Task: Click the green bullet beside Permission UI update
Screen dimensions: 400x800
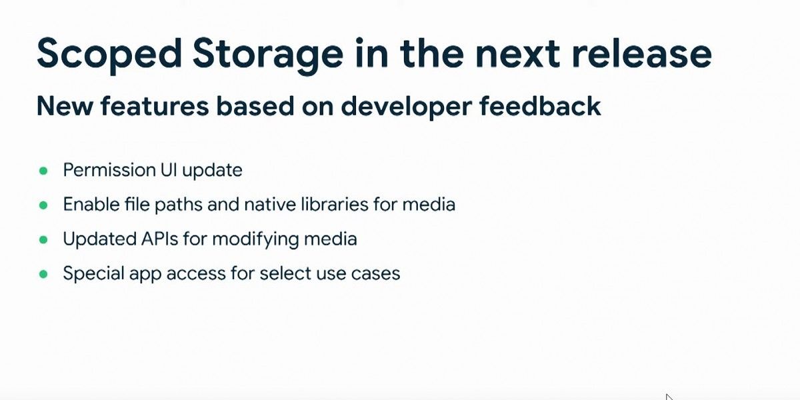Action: [x=43, y=171]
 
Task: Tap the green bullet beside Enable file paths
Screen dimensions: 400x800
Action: [x=43, y=205]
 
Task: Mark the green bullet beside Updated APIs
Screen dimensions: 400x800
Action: [x=43, y=239]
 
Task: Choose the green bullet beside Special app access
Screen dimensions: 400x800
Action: [x=43, y=274]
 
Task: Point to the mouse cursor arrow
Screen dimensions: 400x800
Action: [x=669, y=397]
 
